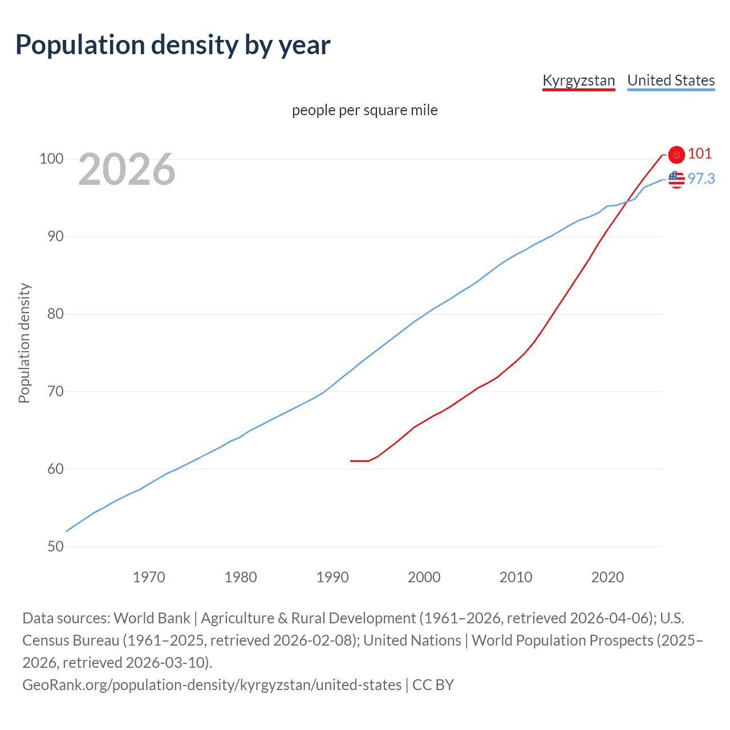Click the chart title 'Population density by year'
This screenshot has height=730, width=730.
pyautogui.click(x=173, y=45)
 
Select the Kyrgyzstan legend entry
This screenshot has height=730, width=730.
pyautogui.click(x=578, y=80)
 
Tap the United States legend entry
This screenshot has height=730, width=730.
pyautogui.click(x=671, y=80)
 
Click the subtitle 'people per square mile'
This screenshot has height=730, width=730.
pyautogui.click(x=364, y=110)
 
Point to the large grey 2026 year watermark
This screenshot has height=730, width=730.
pyautogui.click(x=127, y=169)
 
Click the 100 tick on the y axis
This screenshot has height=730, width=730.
pyautogui.click(x=51, y=159)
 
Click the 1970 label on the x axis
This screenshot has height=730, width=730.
pyautogui.click(x=149, y=577)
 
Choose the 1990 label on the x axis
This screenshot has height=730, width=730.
pyautogui.click(x=332, y=577)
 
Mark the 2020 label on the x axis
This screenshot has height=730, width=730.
pyautogui.click(x=607, y=577)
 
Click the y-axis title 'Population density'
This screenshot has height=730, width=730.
pyautogui.click(x=24, y=343)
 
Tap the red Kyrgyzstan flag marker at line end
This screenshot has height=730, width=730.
pyautogui.click(x=676, y=155)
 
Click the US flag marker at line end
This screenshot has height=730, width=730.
pyautogui.click(x=676, y=180)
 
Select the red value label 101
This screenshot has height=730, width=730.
pyautogui.click(x=700, y=154)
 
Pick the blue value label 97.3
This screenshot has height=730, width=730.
pyautogui.click(x=701, y=179)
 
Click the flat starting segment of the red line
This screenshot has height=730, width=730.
pyautogui.click(x=359, y=461)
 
